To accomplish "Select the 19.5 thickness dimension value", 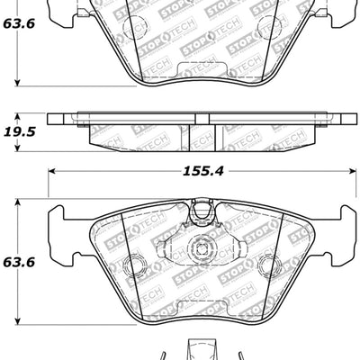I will [20, 131].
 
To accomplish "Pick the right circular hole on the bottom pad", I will [266, 265].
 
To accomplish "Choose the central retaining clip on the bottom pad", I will [199, 248].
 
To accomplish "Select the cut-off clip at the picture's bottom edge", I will [199, 352].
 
